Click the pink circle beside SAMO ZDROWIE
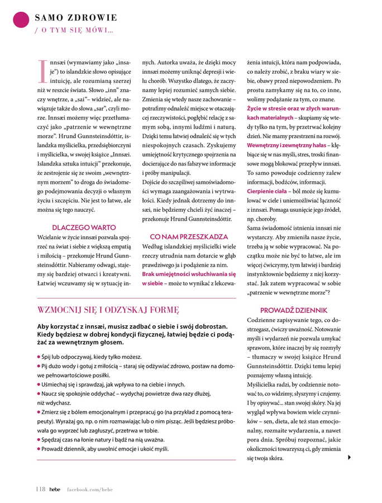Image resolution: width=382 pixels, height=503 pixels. click(21, 20)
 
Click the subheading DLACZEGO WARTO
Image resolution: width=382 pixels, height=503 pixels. click(84, 227)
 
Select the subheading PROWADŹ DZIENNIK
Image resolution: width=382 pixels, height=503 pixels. click(294, 310)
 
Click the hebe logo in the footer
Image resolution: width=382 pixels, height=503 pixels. click(55, 489)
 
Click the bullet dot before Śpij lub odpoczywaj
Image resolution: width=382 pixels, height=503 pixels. click(39, 357)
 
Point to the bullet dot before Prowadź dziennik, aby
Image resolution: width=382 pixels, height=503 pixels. click(39, 448)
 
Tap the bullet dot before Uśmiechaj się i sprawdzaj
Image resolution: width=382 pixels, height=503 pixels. click(39, 385)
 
